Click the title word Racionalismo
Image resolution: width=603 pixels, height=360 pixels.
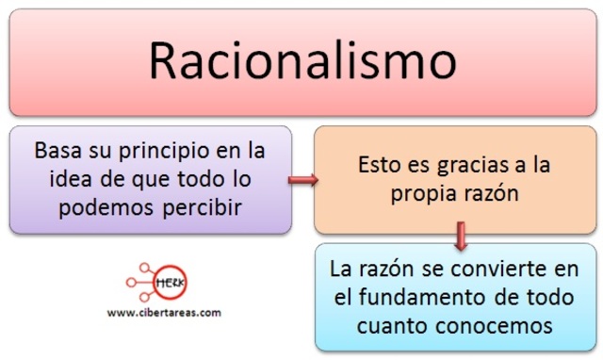click(x=302, y=63)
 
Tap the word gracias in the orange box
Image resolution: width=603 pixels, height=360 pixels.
click(x=481, y=166)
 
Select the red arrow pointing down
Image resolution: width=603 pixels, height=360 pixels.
click(x=460, y=237)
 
